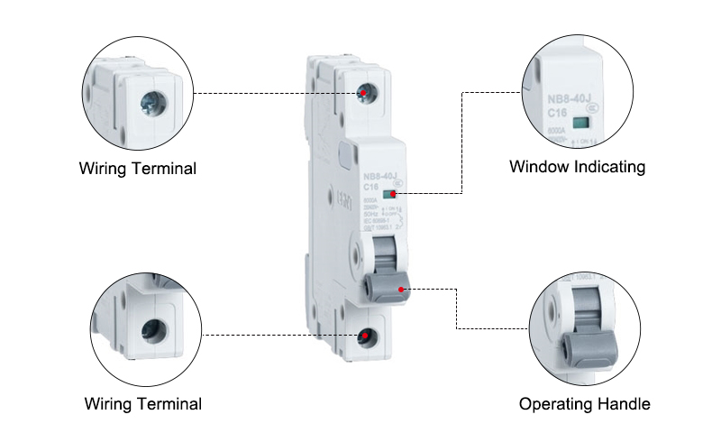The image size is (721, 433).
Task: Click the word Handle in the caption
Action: click(x=621, y=403)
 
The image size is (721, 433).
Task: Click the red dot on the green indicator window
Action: click(x=397, y=193)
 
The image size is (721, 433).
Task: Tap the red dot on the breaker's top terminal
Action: click(x=362, y=93)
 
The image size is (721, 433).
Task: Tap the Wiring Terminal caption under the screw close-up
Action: click(x=138, y=169)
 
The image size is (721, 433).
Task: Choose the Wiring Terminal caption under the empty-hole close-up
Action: click(x=143, y=403)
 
